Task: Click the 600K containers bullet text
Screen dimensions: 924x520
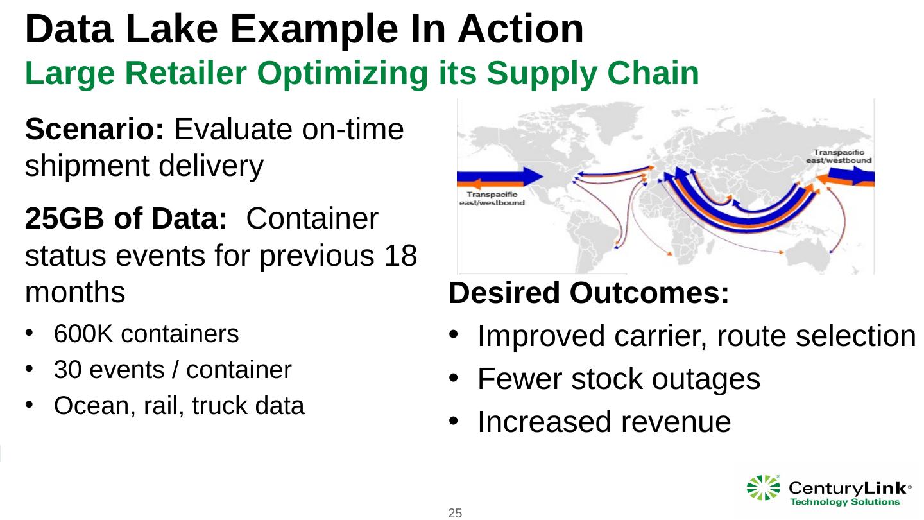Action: [x=146, y=334]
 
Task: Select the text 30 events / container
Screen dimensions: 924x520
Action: [x=173, y=370]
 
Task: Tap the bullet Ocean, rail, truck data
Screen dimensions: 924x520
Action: [x=179, y=406]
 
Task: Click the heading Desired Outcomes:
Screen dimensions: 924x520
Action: [x=589, y=294]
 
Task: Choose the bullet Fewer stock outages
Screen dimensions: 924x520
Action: [x=619, y=379]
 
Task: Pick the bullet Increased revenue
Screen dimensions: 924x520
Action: [x=604, y=422]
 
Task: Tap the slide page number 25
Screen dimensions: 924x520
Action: [x=455, y=512]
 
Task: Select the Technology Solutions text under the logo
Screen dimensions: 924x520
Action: [x=844, y=501]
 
